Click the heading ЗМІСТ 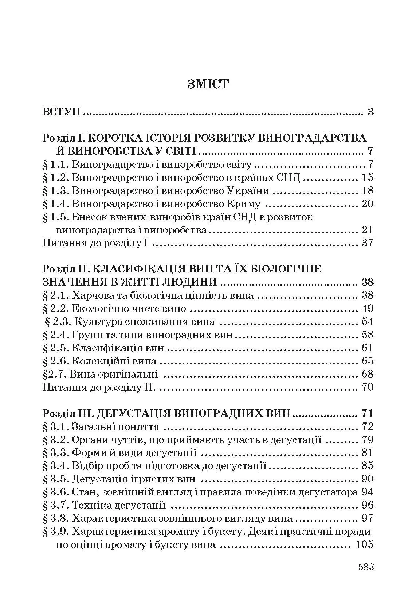click(208, 84)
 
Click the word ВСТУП click(62, 112)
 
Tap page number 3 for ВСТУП click(370, 112)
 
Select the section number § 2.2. click(55, 309)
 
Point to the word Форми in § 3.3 click(87, 453)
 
